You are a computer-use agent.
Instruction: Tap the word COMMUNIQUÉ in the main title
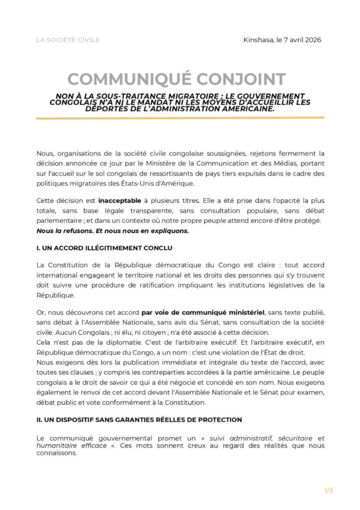point(128,79)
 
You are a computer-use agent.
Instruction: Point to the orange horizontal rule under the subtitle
point(180,118)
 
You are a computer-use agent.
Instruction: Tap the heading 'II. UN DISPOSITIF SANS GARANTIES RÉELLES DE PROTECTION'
point(139,420)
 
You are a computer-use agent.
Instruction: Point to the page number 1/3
point(329,491)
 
